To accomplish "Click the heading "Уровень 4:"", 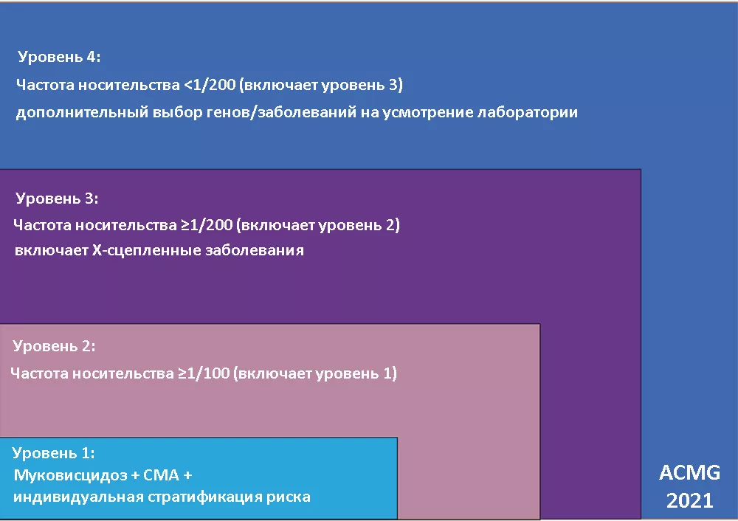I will [x=59, y=57].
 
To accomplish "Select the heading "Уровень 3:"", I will [x=57, y=199].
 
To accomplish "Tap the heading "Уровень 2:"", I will [x=55, y=345].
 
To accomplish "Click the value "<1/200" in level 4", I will [x=209, y=85].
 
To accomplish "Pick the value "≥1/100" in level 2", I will [x=204, y=373].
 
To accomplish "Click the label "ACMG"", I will [x=689, y=473].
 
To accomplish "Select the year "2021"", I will [x=689, y=501].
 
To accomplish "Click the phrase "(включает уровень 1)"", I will [x=315, y=373].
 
